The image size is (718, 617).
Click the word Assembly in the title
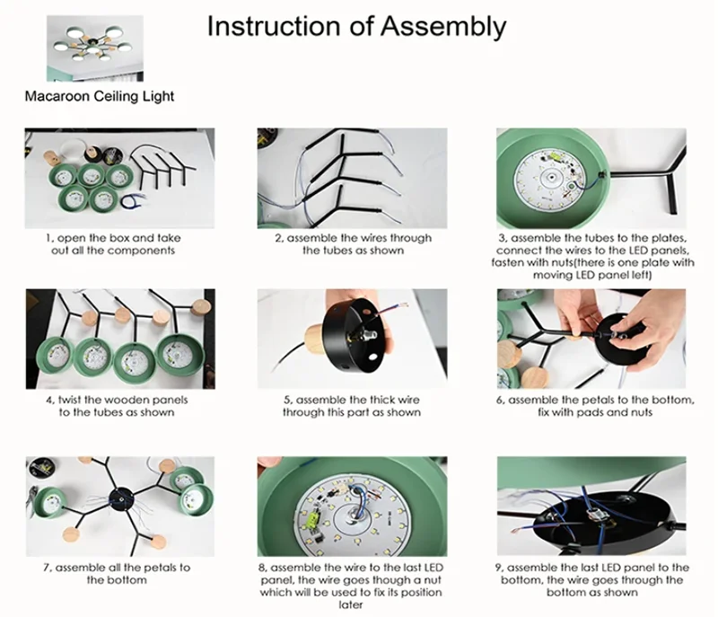pos(443,27)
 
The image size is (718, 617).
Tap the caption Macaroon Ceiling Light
pos(100,96)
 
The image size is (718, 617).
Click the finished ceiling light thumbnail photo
pos(95,48)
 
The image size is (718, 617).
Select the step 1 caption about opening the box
pos(113,244)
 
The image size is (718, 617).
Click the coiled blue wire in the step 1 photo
pos(133,200)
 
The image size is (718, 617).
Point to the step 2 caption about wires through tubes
pos(353,244)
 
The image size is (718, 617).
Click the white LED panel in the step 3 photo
pos(549,179)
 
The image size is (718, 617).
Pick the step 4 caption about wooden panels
pos(117,406)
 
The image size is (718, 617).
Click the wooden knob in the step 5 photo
pos(315,338)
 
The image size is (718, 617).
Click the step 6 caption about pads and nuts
pos(595,406)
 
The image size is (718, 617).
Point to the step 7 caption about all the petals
pos(117,574)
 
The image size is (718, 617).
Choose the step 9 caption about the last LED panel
pos(592,580)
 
